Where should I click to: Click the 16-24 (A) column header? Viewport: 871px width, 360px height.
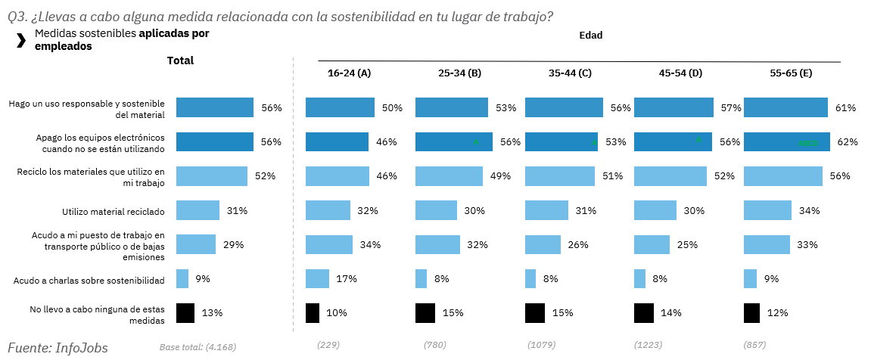349,73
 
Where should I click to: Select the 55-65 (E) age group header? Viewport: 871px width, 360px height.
791,73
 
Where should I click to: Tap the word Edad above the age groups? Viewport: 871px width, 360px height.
590,35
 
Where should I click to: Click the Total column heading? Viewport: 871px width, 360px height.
180,61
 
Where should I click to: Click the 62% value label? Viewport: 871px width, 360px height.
847,142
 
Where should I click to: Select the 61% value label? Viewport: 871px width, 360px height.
845,108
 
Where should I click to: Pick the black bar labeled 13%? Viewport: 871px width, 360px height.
185,313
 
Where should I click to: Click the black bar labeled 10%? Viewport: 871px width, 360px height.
313,313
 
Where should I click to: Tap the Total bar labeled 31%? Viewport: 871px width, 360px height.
198,210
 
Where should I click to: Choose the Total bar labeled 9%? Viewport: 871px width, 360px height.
182,279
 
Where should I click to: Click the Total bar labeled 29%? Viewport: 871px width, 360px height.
196,244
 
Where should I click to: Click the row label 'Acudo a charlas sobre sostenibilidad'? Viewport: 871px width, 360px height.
89,281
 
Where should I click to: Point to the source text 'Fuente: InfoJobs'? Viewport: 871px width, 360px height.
58,348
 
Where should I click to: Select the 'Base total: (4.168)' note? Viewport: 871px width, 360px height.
198,347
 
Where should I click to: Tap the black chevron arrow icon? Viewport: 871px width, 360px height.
21,41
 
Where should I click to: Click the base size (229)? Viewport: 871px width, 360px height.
328,345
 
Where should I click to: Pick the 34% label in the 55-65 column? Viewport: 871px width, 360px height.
810,210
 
